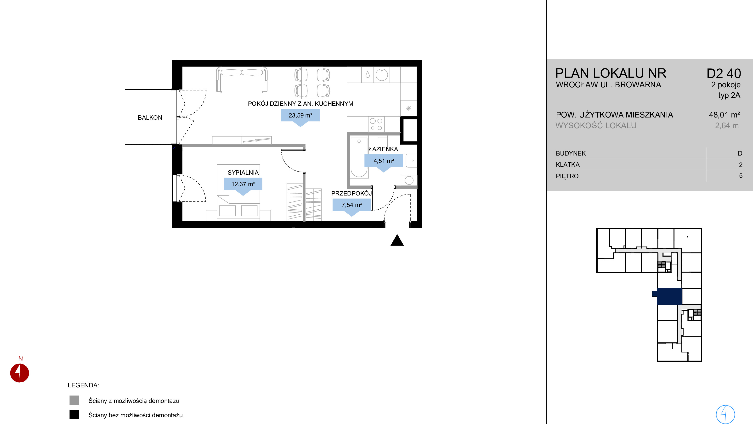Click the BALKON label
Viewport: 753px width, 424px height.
click(x=150, y=117)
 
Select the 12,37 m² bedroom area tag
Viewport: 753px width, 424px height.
click(x=243, y=185)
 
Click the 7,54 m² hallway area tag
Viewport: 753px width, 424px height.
click(x=352, y=206)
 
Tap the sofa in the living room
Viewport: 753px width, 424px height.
click(x=242, y=80)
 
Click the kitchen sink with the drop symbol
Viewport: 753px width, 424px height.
click(x=368, y=75)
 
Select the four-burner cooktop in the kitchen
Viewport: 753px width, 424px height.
click(x=376, y=124)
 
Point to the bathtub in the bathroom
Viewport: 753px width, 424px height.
click(x=359, y=157)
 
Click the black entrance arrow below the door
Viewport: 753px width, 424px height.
click(x=397, y=240)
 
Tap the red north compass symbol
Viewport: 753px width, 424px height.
click(x=20, y=373)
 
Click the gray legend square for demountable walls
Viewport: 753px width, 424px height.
click(x=74, y=400)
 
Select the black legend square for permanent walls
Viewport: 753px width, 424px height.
click(x=74, y=414)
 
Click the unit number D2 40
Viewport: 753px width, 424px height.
click(x=724, y=74)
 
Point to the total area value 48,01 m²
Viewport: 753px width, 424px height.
click(x=724, y=115)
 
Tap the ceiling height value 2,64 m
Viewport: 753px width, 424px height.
click(x=727, y=126)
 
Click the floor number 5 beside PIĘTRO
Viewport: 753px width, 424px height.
click(x=741, y=176)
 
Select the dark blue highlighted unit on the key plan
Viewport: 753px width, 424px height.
click(x=669, y=296)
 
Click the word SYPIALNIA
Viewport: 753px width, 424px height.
click(x=243, y=173)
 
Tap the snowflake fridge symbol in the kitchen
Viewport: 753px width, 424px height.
click(x=409, y=108)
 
